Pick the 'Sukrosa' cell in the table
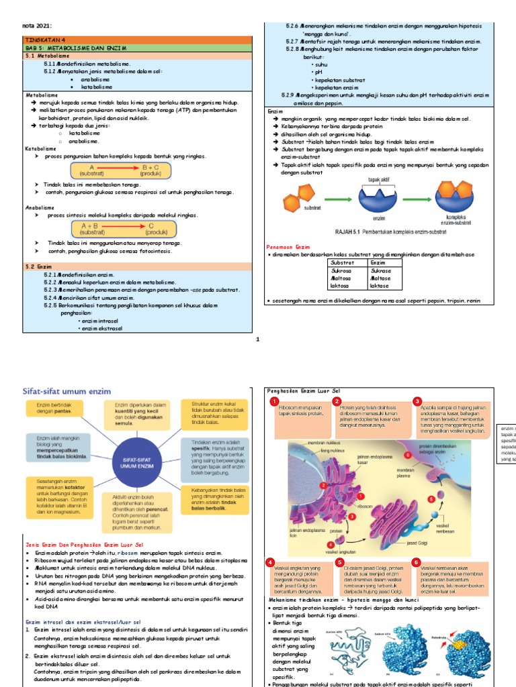point(342,271)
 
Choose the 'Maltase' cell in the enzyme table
point(381,278)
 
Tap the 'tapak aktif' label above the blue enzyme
point(380,180)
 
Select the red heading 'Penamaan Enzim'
point(289,248)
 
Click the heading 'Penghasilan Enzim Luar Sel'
point(304,390)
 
